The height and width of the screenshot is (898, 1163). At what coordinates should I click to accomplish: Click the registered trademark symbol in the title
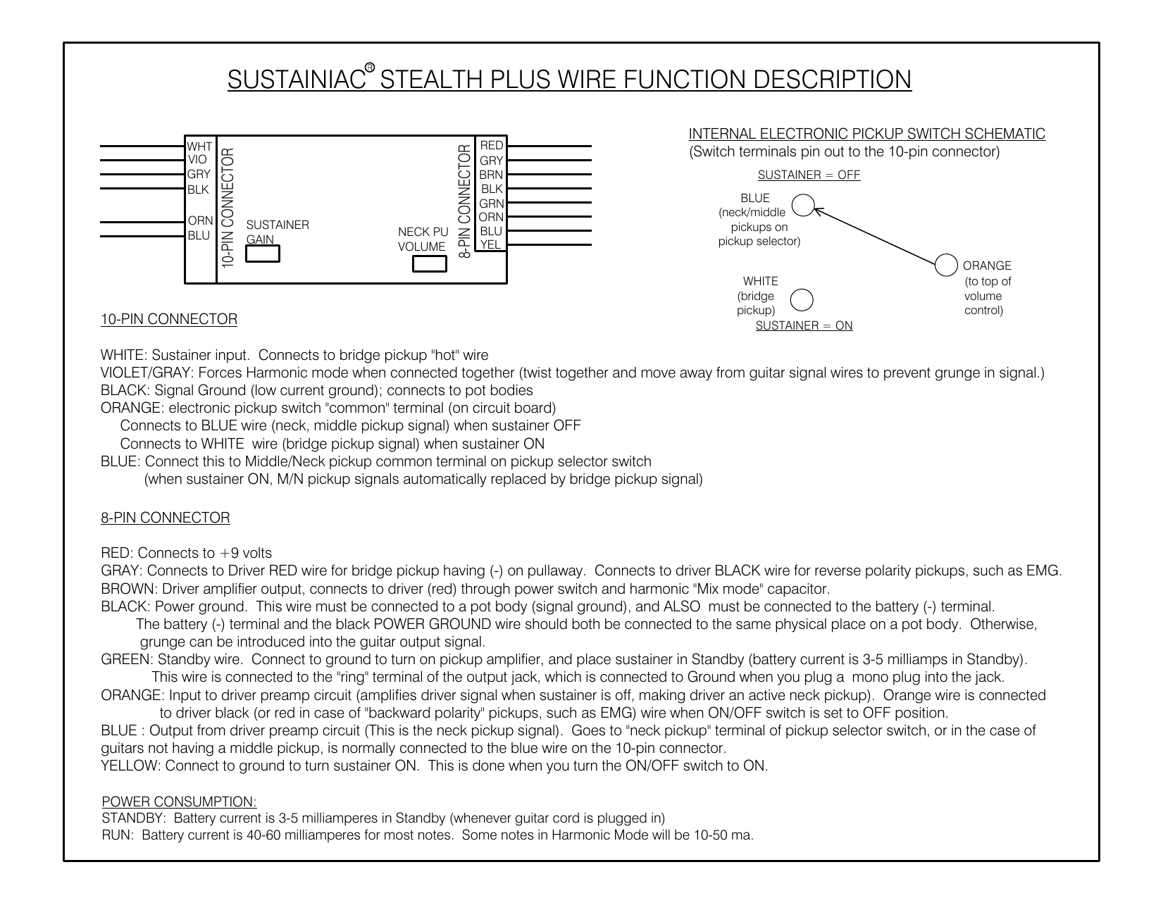370,68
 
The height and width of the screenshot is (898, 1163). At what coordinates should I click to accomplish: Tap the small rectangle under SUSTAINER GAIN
262,254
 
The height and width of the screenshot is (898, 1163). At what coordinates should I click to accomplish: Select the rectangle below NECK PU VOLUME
429,264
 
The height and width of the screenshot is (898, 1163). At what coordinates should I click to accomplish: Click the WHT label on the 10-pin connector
199,146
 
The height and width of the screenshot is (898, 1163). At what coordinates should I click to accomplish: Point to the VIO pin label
197,159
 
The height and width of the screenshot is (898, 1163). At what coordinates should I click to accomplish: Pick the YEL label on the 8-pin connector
490,244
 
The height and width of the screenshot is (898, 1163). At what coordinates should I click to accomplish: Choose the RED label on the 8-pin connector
491,146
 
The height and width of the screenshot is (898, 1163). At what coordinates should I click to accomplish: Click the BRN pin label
491,175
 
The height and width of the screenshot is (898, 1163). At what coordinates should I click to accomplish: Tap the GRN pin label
491,204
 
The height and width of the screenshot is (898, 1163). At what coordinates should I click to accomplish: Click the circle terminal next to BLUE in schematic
803,205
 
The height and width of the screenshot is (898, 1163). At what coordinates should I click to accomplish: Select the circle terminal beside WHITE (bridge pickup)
802,300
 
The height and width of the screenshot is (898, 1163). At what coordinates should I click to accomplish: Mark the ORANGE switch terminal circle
946,265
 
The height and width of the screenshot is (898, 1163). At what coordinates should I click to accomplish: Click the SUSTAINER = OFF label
809,175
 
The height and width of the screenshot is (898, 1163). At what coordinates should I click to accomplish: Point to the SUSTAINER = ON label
804,325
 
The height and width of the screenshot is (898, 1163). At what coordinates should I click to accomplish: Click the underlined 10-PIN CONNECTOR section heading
169,319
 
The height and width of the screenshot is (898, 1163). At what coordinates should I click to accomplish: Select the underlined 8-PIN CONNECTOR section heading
166,518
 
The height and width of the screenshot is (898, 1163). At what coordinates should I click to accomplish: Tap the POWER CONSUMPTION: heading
180,802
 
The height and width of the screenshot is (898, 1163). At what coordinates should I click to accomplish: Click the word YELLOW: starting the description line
130,766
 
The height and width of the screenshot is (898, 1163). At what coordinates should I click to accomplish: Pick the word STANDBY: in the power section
134,818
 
